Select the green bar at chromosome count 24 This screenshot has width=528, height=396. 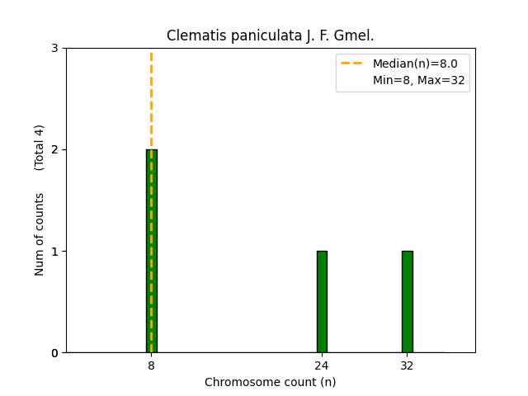point(322,302)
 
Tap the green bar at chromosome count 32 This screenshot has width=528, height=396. point(407,302)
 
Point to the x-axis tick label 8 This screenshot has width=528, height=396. point(151,365)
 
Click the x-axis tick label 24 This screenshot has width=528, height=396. point(322,365)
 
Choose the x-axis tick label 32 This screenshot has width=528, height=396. point(407,365)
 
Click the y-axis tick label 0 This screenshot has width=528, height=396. point(55,353)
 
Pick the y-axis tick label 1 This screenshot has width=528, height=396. point(55,252)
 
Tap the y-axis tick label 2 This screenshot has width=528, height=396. point(55,150)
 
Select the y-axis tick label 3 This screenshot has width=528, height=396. point(55,49)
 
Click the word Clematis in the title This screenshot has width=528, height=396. point(192,35)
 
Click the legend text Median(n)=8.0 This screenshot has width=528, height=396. point(415,64)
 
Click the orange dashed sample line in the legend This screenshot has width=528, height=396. point(352,64)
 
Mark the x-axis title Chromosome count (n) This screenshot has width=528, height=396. point(271,382)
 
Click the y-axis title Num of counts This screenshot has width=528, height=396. point(40,234)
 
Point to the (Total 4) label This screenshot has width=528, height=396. point(40,148)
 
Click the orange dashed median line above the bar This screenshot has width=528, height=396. point(151,99)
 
